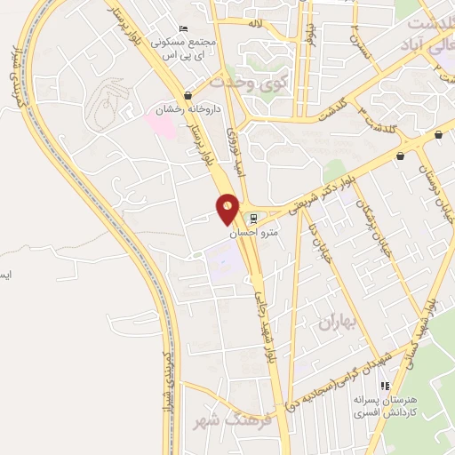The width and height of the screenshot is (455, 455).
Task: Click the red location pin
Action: pyautogui.click(x=228, y=208)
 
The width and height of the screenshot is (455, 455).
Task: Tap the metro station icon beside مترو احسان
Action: pyautogui.click(x=253, y=217)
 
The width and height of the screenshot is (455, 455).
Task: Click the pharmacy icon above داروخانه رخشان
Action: pyautogui.click(x=188, y=95)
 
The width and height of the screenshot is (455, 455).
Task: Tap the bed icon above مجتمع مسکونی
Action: pyautogui.click(x=182, y=28)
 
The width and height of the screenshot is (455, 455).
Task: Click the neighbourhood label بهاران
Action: pyautogui.click(x=335, y=322)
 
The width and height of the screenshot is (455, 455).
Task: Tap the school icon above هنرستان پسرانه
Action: pyautogui.click(x=384, y=387)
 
